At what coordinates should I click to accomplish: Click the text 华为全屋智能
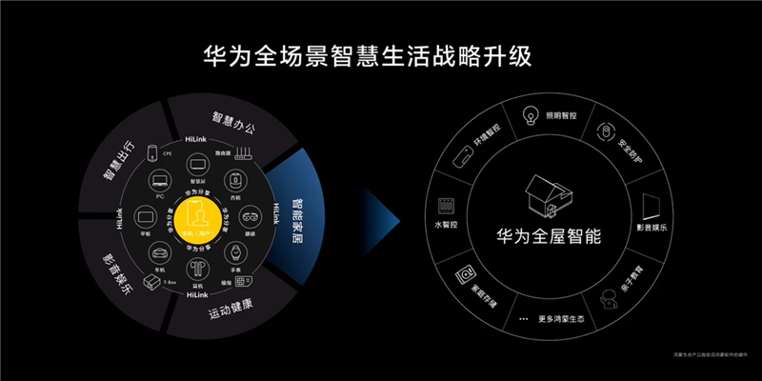click(x=549, y=235)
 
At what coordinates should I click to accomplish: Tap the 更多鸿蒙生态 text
click(x=561, y=317)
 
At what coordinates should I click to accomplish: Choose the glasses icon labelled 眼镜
click(x=251, y=215)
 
